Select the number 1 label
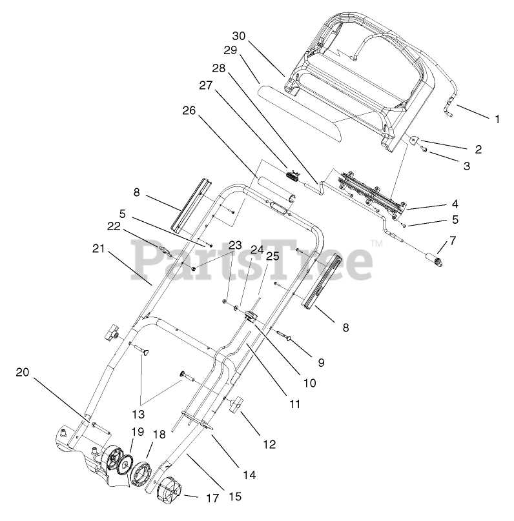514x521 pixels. [x=497, y=119]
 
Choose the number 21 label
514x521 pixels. [x=98, y=248]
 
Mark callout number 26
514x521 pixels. [x=189, y=110]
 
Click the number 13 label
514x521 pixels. [x=139, y=413]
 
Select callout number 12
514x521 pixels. [x=269, y=444]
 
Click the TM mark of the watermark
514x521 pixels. [x=375, y=243]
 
